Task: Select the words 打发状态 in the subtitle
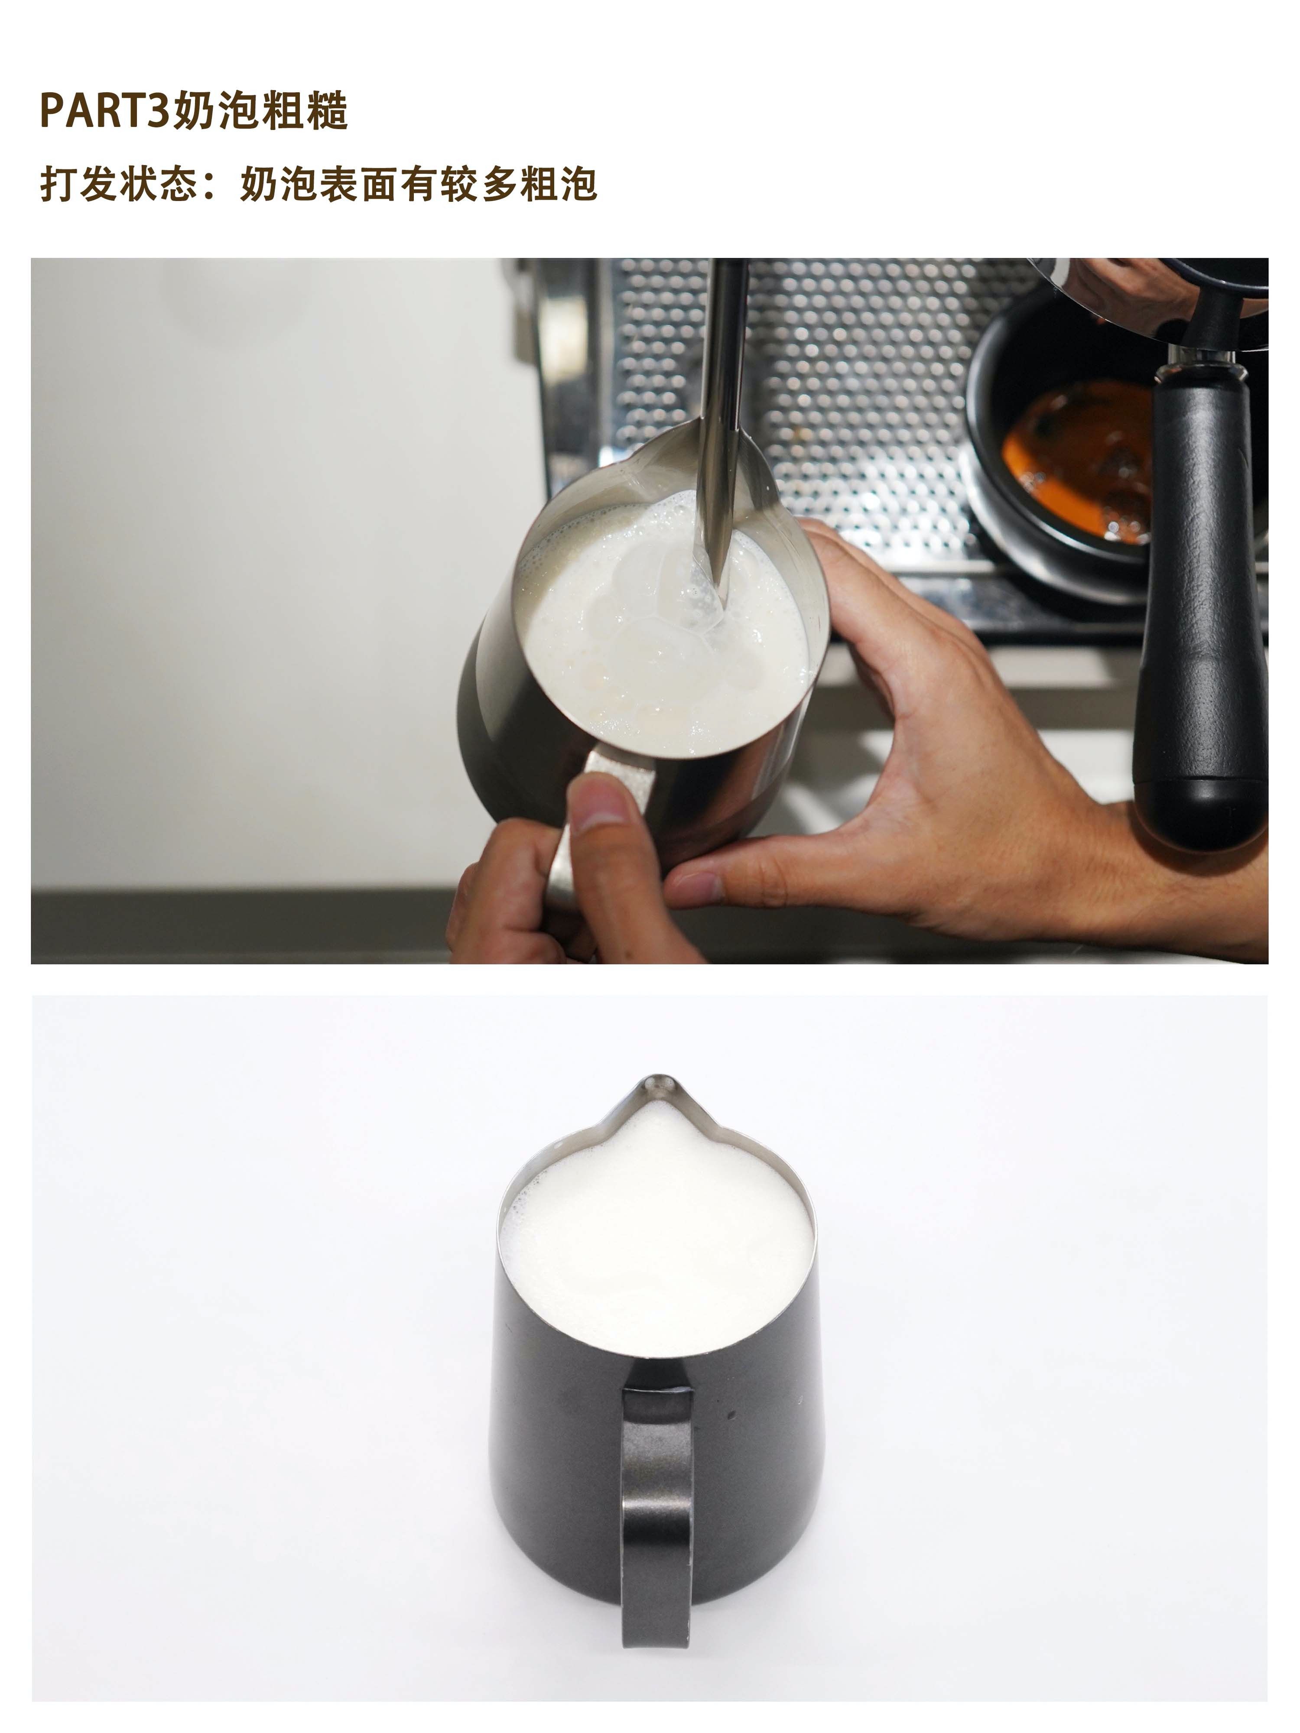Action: [x=118, y=185]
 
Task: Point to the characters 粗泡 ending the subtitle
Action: [x=558, y=185]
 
